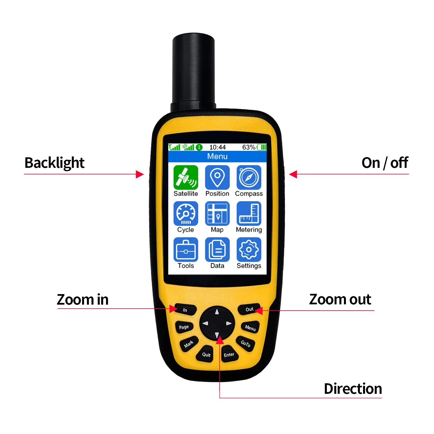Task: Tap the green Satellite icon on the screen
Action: click(x=186, y=177)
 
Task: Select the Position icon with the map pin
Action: click(x=217, y=177)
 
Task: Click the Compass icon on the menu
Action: click(x=249, y=177)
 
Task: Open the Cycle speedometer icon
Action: click(x=186, y=213)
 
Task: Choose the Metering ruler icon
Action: click(x=249, y=213)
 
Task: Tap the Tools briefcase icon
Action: click(x=186, y=250)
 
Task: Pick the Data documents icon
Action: click(x=217, y=250)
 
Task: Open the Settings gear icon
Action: click(x=249, y=250)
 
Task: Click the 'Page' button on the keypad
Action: click(x=184, y=327)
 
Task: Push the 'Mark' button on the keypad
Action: click(x=189, y=344)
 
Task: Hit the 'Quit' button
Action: click(x=206, y=354)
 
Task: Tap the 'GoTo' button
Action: click(x=245, y=344)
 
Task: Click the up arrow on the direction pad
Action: click(x=217, y=312)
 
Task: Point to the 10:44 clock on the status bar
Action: click(x=217, y=147)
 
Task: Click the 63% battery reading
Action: click(x=248, y=147)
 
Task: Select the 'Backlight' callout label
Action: click(x=54, y=163)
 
